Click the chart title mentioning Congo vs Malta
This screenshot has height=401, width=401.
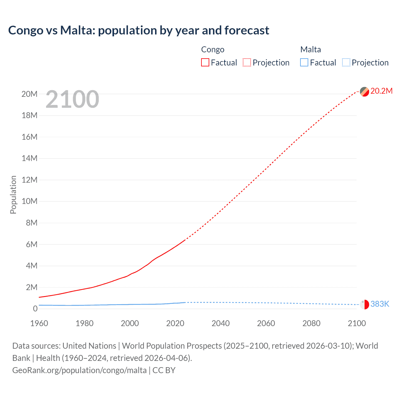(x=138, y=30)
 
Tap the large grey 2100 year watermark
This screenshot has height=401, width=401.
(x=72, y=99)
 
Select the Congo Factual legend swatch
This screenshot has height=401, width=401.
(x=205, y=62)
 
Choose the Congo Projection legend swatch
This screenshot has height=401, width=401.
(x=247, y=62)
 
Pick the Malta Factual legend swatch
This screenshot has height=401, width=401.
(x=304, y=62)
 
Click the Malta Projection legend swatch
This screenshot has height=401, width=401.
(x=346, y=62)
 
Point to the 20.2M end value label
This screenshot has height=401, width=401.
(x=381, y=91)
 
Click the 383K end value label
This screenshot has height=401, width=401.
(x=380, y=304)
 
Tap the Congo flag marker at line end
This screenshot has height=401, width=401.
(x=364, y=91)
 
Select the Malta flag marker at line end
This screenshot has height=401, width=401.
(x=364, y=304)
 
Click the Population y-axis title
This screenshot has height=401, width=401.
(x=13, y=195)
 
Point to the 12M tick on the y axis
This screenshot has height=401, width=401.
(x=29, y=180)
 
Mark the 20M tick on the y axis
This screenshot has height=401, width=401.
(x=29, y=94)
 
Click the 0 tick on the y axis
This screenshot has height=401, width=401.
(x=35, y=309)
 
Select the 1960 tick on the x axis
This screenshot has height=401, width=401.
(x=39, y=323)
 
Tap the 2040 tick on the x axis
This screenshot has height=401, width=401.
(x=221, y=323)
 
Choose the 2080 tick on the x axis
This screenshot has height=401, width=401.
(x=311, y=323)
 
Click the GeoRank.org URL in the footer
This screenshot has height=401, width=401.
(x=79, y=370)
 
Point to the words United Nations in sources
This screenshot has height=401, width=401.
(x=89, y=346)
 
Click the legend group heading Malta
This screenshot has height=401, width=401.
(x=310, y=49)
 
